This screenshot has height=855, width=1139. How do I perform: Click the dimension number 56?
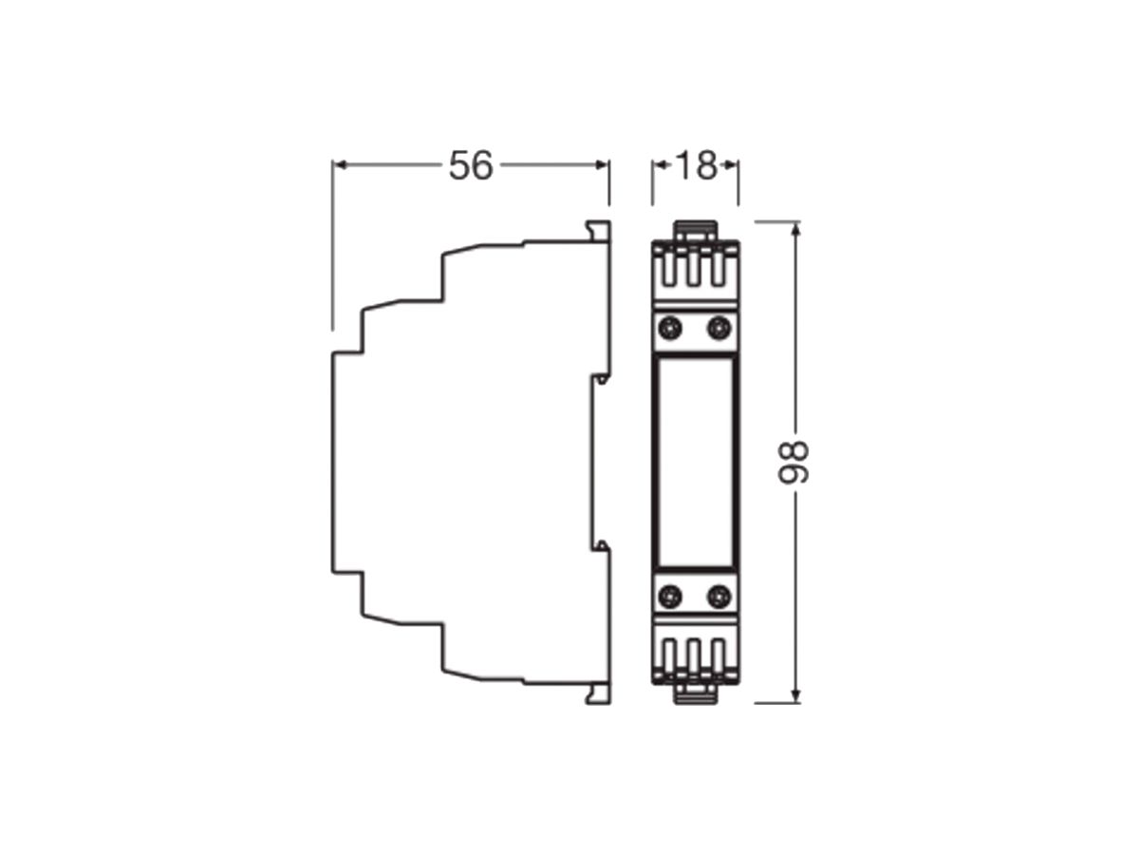point(471,165)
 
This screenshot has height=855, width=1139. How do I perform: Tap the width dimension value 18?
point(695,165)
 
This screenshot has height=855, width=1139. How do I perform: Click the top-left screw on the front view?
point(670,329)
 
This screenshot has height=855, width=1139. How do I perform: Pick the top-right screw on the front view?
point(719,329)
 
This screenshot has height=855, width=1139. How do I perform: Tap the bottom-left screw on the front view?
point(670,597)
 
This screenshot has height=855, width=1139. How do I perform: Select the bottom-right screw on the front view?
point(719,597)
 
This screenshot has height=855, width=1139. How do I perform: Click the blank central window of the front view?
point(695,463)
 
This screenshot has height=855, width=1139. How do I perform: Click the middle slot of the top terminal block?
point(695,268)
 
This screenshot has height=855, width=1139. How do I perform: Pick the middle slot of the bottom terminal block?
point(695,657)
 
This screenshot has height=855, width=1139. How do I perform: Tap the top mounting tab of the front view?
point(695,230)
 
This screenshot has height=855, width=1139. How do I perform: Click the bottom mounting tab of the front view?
point(695,695)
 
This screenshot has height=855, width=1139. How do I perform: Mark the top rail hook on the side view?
point(598,231)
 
